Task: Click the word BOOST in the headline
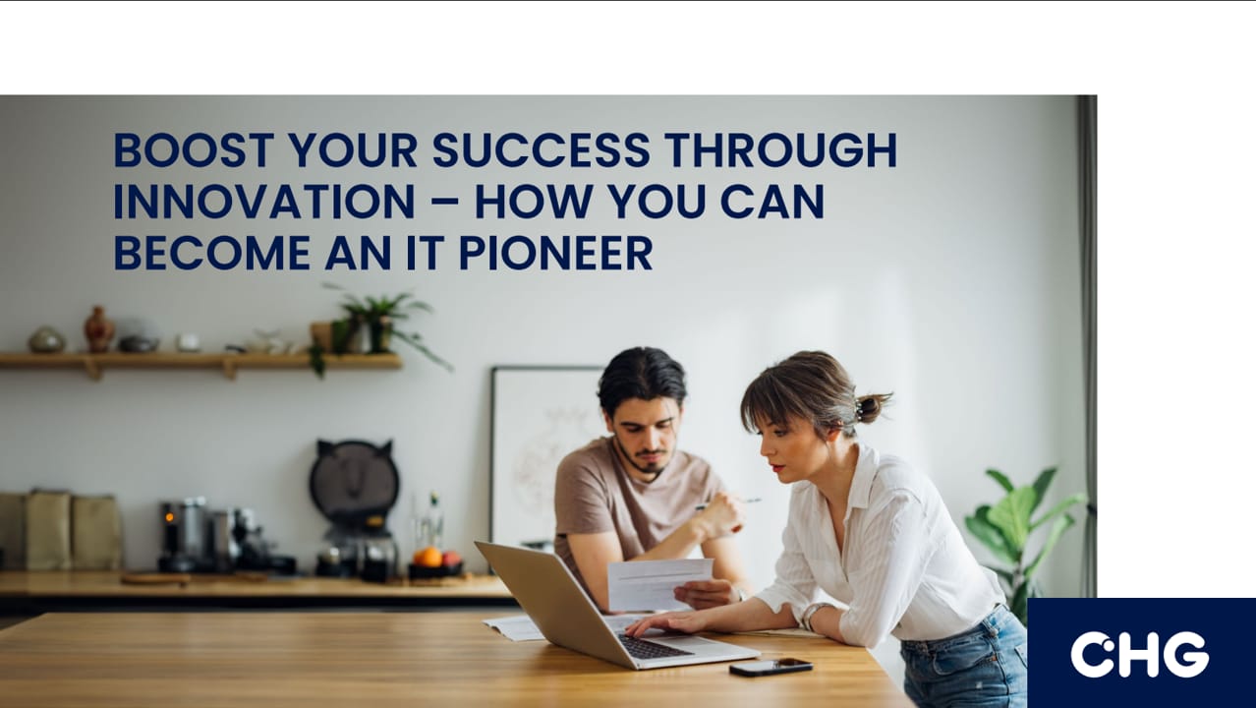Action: pyautogui.click(x=194, y=150)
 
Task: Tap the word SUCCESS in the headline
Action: pyautogui.click(x=542, y=150)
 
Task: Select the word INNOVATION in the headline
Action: pyautogui.click(x=264, y=202)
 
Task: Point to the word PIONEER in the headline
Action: pyautogui.click(x=556, y=253)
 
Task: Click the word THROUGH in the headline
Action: pyautogui.click(x=781, y=150)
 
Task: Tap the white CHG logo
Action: pyautogui.click(x=1139, y=655)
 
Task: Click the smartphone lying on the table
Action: pyautogui.click(x=771, y=667)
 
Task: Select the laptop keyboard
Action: pyautogui.click(x=655, y=646)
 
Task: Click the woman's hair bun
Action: pyautogui.click(x=871, y=407)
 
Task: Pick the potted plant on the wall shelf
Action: pyautogui.click(x=375, y=329)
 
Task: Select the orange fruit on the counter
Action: pyautogui.click(x=428, y=558)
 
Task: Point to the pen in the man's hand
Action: pyautogui.click(x=728, y=502)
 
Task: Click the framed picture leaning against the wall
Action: pyautogui.click(x=546, y=455)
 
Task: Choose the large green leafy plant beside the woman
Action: pyautogui.click(x=1024, y=539)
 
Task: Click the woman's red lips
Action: pyautogui.click(x=776, y=467)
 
